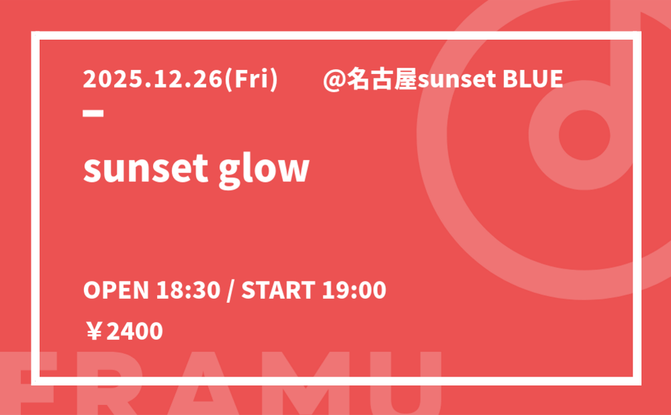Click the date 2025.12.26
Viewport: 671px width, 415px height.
click(153, 79)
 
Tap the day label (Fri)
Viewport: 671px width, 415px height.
click(251, 80)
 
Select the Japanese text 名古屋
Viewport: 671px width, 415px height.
click(382, 79)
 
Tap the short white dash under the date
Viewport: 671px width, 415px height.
click(93, 113)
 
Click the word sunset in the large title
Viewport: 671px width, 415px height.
click(146, 169)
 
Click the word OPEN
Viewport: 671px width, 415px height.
click(116, 290)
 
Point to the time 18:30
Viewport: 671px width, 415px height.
click(188, 290)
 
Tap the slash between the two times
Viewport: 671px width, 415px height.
click(231, 290)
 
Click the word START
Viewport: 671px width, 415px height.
click(278, 290)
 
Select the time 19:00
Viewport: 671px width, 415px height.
click(354, 290)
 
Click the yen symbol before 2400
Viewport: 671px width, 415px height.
click(94, 332)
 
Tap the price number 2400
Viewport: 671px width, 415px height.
click(134, 332)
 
